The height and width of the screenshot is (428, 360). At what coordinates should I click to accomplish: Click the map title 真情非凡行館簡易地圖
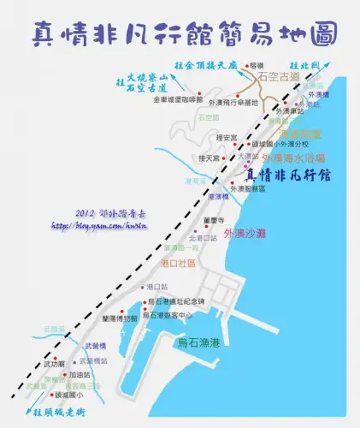click(x=180, y=33)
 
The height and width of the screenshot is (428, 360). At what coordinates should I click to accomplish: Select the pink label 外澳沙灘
click(x=246, y=233)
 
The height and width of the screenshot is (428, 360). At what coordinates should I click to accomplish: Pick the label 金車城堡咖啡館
click(x=178, y=100)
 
